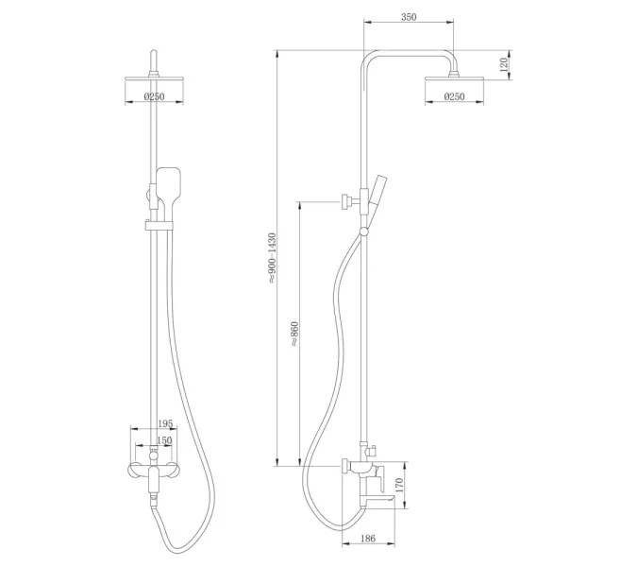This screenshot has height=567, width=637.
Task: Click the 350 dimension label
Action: tap(409, 17)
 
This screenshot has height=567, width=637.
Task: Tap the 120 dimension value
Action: tap(504, 64)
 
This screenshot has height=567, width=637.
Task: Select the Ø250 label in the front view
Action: tap(155, 96)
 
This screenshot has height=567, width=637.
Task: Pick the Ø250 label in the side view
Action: tap(455, 96)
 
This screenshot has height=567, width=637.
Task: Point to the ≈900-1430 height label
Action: tap(272, 258)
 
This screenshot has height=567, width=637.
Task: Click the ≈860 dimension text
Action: tap(294, 334)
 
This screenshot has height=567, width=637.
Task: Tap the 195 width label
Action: tap(164, 423)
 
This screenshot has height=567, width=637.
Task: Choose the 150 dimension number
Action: tap(164, 440)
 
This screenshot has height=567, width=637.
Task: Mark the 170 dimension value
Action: tap(399, 485)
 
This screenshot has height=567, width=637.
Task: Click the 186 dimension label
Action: tap(368, 538)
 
